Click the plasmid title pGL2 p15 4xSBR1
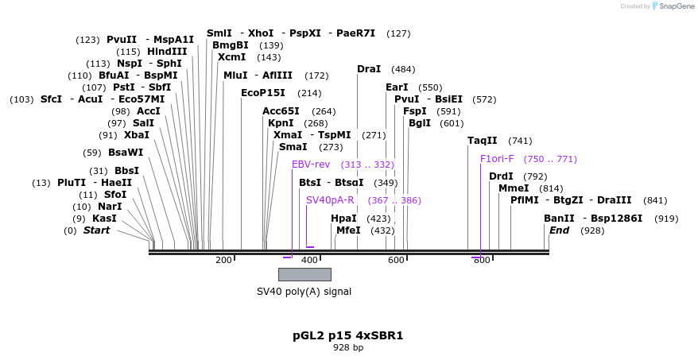pos(348,335)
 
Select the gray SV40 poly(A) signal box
pos(304,274)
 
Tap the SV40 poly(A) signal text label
pos(304,292)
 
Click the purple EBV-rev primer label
pos(311,165)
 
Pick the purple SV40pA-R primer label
pos(330,200)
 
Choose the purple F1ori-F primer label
pos(497,159)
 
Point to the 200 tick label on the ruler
pos(223,260)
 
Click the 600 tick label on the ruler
pos(396,260)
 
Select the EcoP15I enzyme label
pos(263,93)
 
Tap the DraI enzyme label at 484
pos(369,69)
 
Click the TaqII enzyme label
pos(482,141)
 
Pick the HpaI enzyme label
pos(343,219)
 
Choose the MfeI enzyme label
pos(348,230)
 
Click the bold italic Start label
pos(96,230)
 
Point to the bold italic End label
pos(559,230)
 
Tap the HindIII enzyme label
pos(167,52)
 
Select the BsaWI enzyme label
pos(126,153)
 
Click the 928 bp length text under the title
pos(348,348)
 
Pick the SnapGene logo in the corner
pos(673,6)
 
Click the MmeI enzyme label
pos(514,188)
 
